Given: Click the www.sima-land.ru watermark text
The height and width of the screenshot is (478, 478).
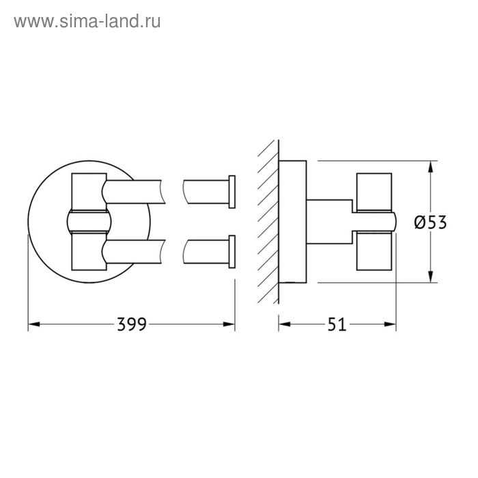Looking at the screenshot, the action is point(87,22).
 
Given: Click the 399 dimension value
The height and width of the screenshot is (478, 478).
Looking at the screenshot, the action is point(132,324).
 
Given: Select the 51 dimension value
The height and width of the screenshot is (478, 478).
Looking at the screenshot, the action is point(337,324).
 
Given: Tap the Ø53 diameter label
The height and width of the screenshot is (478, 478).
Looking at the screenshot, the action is point(430,222).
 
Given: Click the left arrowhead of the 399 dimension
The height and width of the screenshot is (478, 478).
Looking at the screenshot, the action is point(34,324).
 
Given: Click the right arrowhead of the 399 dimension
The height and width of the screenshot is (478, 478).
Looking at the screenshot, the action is point(229,324).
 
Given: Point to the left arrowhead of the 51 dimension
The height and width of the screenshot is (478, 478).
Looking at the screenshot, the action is point(285,324).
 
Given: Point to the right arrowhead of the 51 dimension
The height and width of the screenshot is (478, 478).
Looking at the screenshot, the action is point(390,324).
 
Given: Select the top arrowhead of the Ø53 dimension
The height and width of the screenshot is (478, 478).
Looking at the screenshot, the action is point(430,167).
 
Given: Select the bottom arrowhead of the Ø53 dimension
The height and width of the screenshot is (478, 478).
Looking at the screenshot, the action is point(430,277).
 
